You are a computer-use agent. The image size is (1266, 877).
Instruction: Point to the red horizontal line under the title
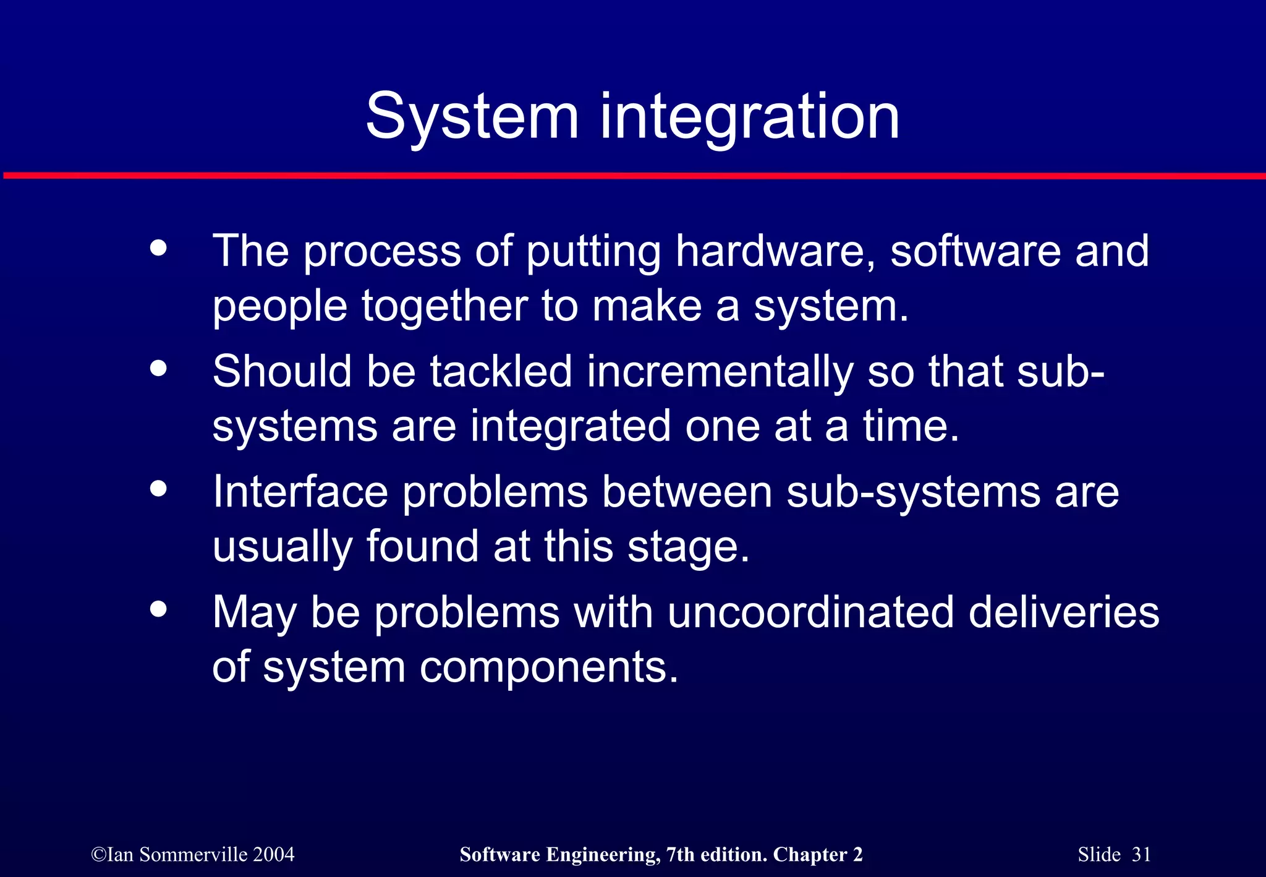pyautogui.click(x=633, y=176)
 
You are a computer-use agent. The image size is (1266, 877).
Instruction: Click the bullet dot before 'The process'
pyautogui.click(x=159, y=248)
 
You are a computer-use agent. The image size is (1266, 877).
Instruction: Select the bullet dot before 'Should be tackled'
pyautogui.click(x=159, y=368)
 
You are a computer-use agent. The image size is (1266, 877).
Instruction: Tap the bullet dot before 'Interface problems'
pyautogui.click(x=159, y=489)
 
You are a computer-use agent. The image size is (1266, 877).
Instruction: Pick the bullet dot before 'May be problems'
pyautogui.click(x=159, y=609)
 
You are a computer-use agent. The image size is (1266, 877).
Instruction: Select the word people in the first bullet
pyautogui.click(x=279, y=307)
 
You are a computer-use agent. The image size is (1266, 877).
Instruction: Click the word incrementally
pyautogui.click(x=720, y=372)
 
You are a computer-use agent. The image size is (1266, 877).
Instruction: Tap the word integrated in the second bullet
pyautogui.click(x=570, y=427)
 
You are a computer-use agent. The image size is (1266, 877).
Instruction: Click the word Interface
pyautogui.click(x=300, y=492)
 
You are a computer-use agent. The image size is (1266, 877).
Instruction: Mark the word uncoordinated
pyautogui.click(x=810, y=612)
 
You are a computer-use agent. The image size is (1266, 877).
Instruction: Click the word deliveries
pyautogui.click(x=1063, y=612)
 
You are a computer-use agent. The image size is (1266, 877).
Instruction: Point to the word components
pyautogui.click(x=548, y=667)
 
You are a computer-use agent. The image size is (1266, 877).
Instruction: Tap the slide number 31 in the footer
pyautogui.click(x=1141, y=854)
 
